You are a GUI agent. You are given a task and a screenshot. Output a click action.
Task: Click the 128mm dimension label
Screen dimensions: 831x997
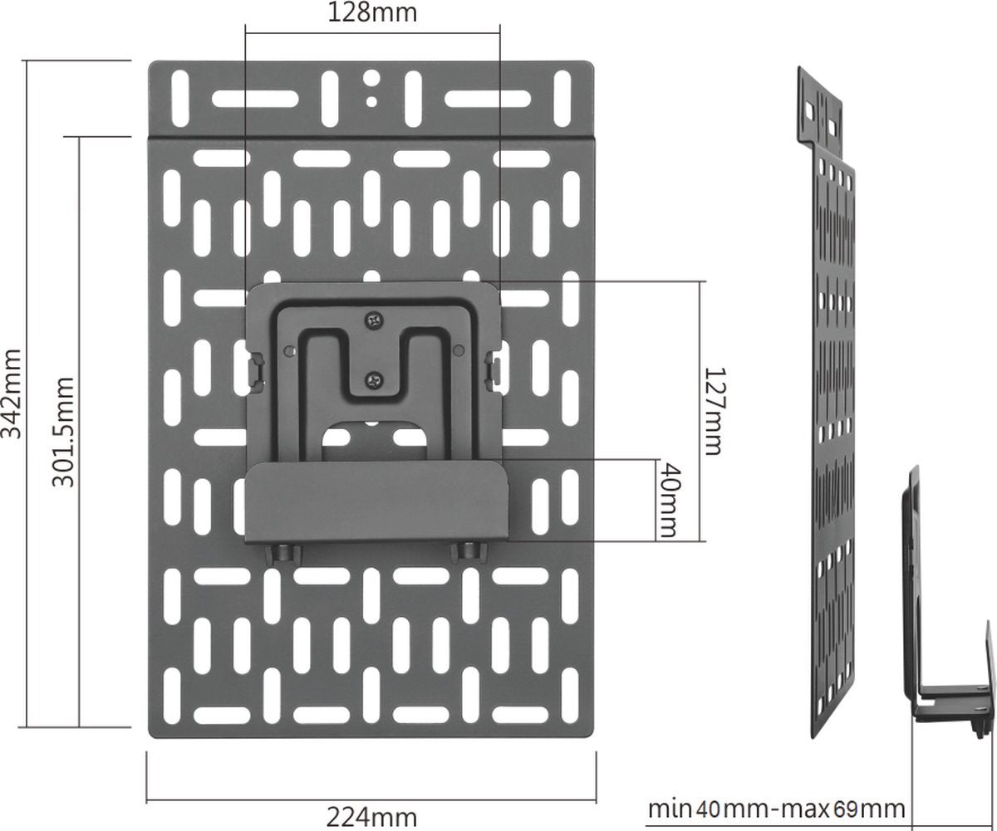(x=372, y=12)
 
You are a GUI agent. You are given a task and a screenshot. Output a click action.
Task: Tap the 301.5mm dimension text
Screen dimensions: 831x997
(x=65, y=432)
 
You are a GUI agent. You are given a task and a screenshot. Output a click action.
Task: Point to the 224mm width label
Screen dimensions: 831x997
(x=371, y=818)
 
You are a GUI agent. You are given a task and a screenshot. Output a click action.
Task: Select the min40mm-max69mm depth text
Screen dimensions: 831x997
(x=776, y=809)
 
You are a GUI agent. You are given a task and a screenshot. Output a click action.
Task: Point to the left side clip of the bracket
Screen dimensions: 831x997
(x=258, y=371)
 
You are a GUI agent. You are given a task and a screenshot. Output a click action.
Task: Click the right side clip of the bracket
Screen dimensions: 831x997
(x=494, y=367)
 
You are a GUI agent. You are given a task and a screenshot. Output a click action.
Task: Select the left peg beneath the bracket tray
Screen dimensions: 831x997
(x=282, y=552)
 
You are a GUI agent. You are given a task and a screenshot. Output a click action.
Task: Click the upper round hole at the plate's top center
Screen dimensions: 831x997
(x=372, y=79)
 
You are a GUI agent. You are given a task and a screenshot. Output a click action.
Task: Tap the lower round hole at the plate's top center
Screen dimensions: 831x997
(x=372, y=101)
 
